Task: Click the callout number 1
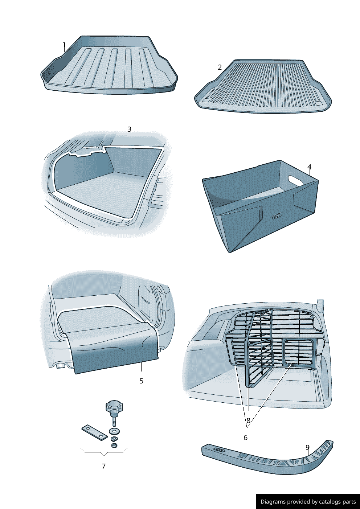[x=64, y=44]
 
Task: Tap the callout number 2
[x=220, y=67]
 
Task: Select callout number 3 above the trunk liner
[x=129, y=129]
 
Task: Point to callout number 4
[x=309, y=167]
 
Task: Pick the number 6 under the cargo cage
[x=245, y=438]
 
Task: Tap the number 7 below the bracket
[x=104, y=466]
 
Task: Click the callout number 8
[x=248, y=420]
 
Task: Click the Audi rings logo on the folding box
[x=277, y=216]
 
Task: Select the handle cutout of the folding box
[x=295, y=179]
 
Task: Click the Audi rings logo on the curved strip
[x=220, y=450]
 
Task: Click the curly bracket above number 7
[x=104, y=452]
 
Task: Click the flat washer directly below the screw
[x=115, y=431]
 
